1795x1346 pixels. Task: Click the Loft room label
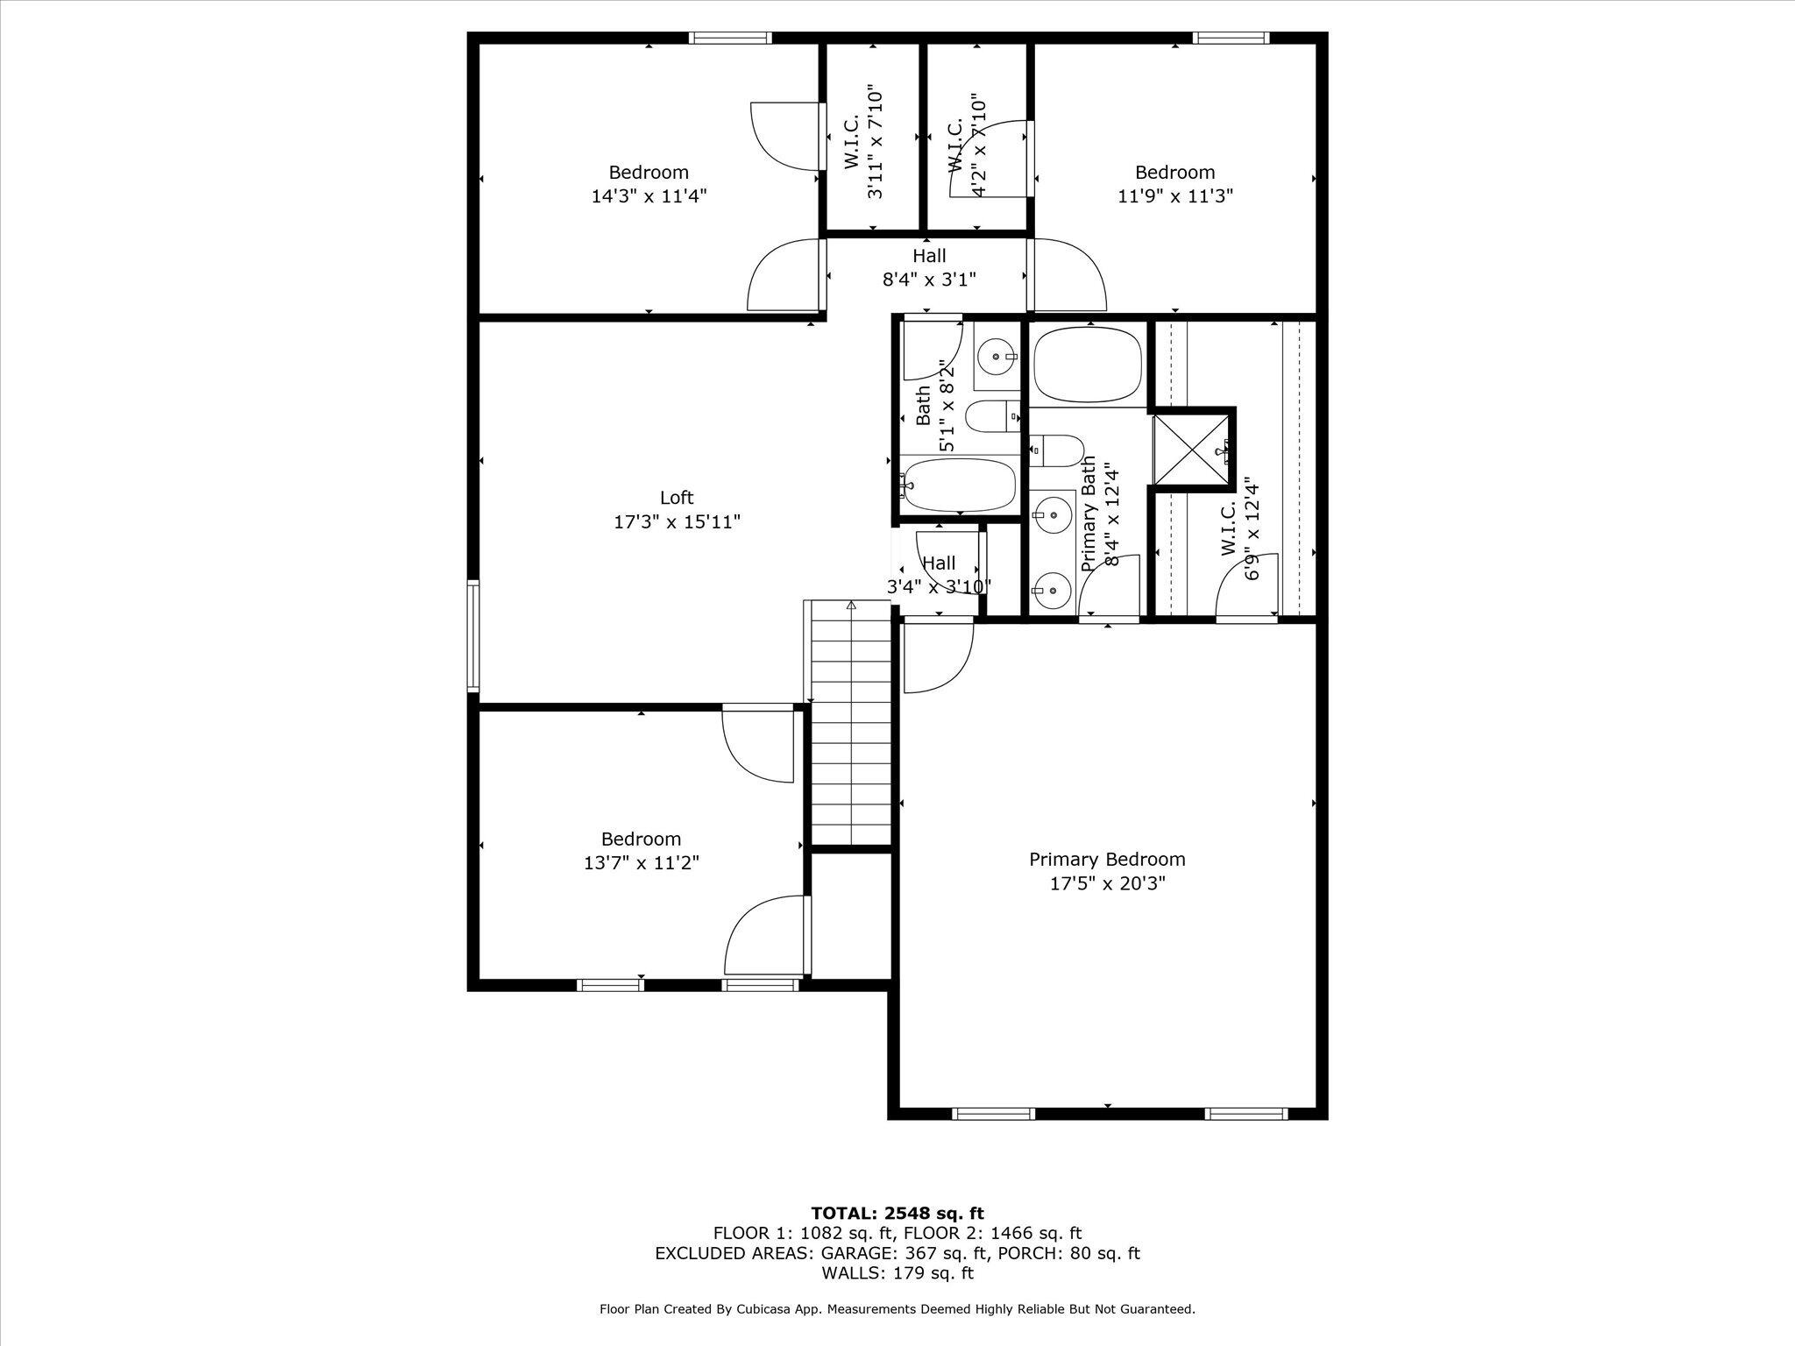(676, 498)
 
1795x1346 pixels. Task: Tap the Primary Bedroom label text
(1107, 860)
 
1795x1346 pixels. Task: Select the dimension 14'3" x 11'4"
(649, 196)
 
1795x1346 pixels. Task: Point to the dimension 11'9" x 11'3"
(1175, 196)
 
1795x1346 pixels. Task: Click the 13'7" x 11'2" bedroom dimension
(642, 863)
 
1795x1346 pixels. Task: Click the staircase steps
(850, 723)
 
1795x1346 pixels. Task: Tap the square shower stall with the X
(1193, 450)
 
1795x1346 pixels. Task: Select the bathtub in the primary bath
(1088, 364)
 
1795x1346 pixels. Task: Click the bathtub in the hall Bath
(959, 485)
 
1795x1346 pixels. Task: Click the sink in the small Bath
(998, 356)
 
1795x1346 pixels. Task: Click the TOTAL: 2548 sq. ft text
(897, 1214)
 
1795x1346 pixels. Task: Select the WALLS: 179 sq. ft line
(897, 1273)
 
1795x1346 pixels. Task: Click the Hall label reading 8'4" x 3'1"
(929, 268)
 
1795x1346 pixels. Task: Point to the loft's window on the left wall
(473, 635)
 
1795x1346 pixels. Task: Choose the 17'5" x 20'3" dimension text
(1108, 884)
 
